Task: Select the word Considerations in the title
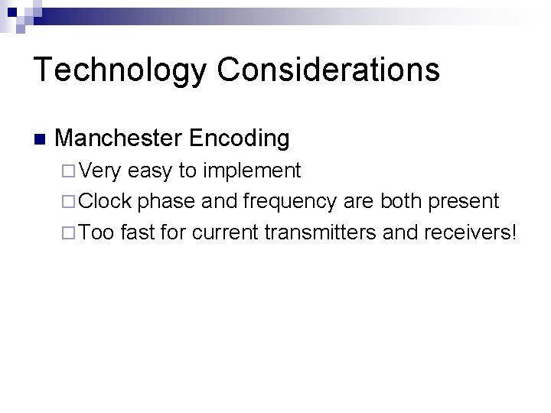pos(328,69)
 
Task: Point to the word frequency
pos(289,202)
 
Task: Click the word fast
pos(138,232)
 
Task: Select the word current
pos(224,232)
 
